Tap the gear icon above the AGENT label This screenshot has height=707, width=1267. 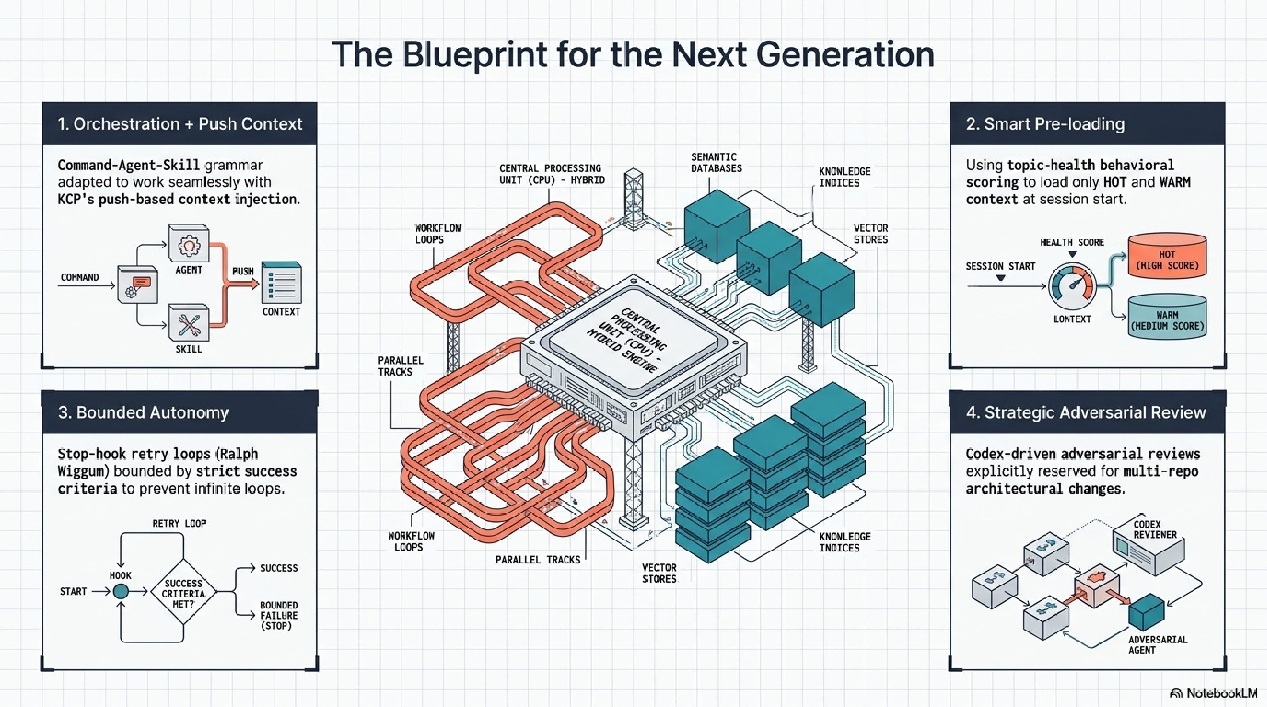click(x=189, y=245)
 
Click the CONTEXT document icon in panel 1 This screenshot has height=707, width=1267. click(x=281, y=283)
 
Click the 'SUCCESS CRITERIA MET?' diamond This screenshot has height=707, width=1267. click(x=183, y=593)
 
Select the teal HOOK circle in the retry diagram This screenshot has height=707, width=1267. click(x=121, y=592)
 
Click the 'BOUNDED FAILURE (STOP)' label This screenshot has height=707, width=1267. click(x=279, y=615)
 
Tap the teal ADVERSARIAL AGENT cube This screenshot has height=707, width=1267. click(x=1146, y=612)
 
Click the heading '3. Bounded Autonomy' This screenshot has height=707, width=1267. click(x=143, y=412)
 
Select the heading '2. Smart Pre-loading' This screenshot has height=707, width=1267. click(x=1045, y=124)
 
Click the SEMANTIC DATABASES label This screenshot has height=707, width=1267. click(x=716, y=163)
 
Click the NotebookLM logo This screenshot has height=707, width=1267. click(x=1213, y=693)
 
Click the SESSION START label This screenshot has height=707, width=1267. click(x=1000, y=266)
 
